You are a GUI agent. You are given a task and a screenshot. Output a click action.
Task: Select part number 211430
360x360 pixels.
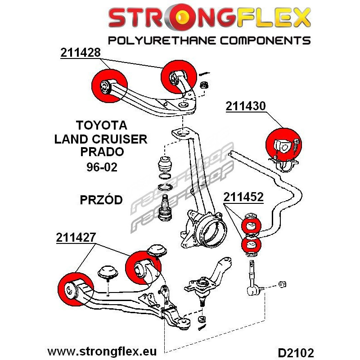pyautogui.click(x=246, y=106)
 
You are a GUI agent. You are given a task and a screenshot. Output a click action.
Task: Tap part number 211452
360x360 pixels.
pyautogui.click(x=243, y=197)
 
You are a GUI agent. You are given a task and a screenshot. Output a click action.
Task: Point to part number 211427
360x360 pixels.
pyautogui.click(x=76, y=238)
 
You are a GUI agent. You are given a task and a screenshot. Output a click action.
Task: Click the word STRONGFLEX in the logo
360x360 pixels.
pyautogui.click(x=209, y=18)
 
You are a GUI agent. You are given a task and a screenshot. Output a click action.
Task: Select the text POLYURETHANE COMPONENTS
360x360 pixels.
pyautogui.click(x=209, y=40)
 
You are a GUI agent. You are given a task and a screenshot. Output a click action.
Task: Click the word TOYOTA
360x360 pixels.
pyautogui.click(x=101, y=125)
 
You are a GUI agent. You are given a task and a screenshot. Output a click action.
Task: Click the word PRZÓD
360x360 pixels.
pyautogui.click(x=101, y=199)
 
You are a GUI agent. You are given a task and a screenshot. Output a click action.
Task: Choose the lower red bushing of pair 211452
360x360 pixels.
pyautogui.click(x=252, y=246)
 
